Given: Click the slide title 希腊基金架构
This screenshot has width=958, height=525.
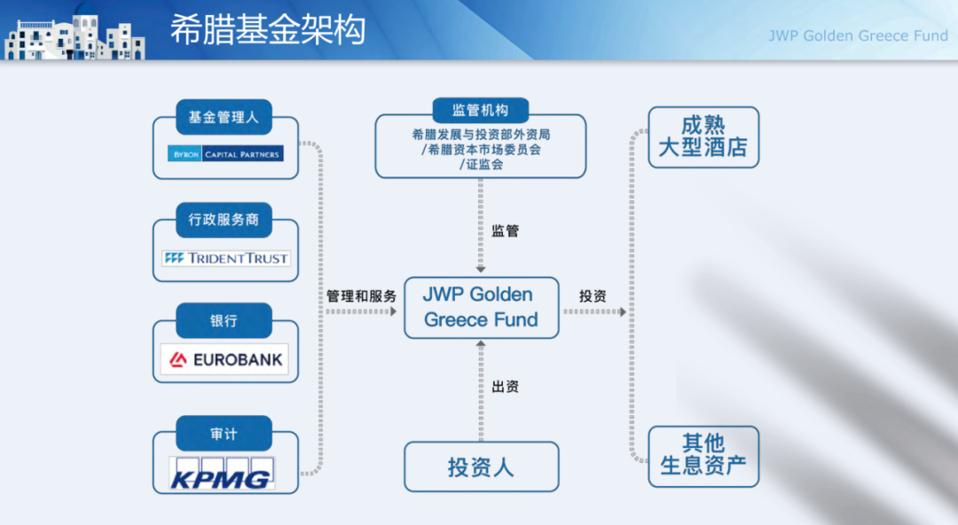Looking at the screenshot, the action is point(268,29).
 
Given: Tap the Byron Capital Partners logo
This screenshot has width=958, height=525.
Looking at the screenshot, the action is point(225,154).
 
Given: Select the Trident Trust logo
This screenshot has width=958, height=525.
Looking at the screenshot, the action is point(226,258).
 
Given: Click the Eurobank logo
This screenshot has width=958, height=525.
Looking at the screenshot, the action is point(226,359).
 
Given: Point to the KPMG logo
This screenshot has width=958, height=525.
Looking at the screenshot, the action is point(223,473).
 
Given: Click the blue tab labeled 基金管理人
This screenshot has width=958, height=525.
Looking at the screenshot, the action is point(224,117).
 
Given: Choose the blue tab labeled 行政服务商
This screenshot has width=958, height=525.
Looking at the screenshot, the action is point(224,220).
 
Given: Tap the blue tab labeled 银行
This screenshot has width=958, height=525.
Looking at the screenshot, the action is point(224,321).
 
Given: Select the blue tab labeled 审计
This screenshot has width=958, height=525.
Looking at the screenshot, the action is point(224,434).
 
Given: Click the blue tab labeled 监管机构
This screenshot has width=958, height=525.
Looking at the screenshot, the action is point(480,110).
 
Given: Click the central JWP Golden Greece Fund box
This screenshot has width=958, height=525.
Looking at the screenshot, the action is point(482,308).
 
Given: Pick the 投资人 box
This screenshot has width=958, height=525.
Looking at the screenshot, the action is point(482,467).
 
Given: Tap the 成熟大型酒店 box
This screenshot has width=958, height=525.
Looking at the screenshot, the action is point(703,137).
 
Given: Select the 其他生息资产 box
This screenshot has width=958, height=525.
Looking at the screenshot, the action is point(703,456).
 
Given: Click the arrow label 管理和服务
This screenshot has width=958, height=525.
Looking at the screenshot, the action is point(361,296).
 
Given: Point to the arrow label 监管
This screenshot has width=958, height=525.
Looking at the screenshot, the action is point(506,231).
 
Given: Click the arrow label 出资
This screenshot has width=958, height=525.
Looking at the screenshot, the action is point(506,387).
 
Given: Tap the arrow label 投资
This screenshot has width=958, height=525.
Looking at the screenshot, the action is point(593,296).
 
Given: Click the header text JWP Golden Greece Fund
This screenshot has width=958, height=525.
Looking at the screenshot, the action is point(858,36).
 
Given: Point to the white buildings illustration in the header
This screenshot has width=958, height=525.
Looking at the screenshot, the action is point(75,38).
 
